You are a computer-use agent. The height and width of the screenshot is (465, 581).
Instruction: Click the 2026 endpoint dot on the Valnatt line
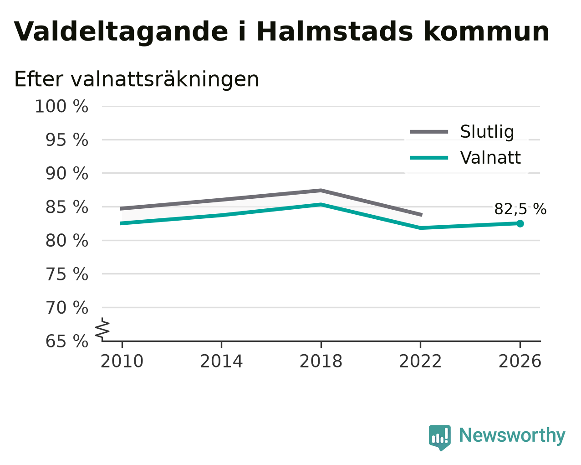(x=520, y=223)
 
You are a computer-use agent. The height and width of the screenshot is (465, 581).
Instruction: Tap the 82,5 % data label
(x=520, y=209)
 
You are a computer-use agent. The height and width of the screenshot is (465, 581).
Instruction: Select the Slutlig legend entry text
(x=487, y=132)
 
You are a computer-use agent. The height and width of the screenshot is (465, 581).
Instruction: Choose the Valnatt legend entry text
(x=490, y=158)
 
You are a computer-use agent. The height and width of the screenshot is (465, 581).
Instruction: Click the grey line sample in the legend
(x=429, y=132)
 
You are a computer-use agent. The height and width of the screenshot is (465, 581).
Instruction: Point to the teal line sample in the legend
(x=429, y=158)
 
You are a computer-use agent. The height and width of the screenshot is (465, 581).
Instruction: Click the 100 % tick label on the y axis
(x=61, y=106)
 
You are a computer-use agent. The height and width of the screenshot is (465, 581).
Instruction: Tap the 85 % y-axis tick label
(x=66, y=207)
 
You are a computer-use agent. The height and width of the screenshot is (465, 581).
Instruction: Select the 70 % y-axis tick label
(x=66, y=308)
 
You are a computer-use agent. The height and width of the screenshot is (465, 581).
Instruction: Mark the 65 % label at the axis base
(x=66, y=341)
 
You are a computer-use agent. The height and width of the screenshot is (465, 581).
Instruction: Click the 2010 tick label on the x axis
(x=122, y=361)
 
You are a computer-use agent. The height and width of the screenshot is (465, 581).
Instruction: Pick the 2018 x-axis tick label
(x=321, y=361)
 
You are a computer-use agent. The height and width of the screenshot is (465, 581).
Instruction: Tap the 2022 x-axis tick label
(x=420, y=361)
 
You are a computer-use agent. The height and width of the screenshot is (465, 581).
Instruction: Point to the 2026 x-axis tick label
(x=520, y=361)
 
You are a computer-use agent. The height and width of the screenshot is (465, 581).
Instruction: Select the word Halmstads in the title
(x=335, y=32)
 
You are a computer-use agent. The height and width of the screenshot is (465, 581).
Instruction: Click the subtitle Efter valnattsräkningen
(x=137, y=79)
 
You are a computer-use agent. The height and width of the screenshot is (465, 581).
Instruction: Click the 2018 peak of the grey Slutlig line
(x=321, y=191)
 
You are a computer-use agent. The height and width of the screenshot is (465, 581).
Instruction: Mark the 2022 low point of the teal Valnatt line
(x=420, y=228)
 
